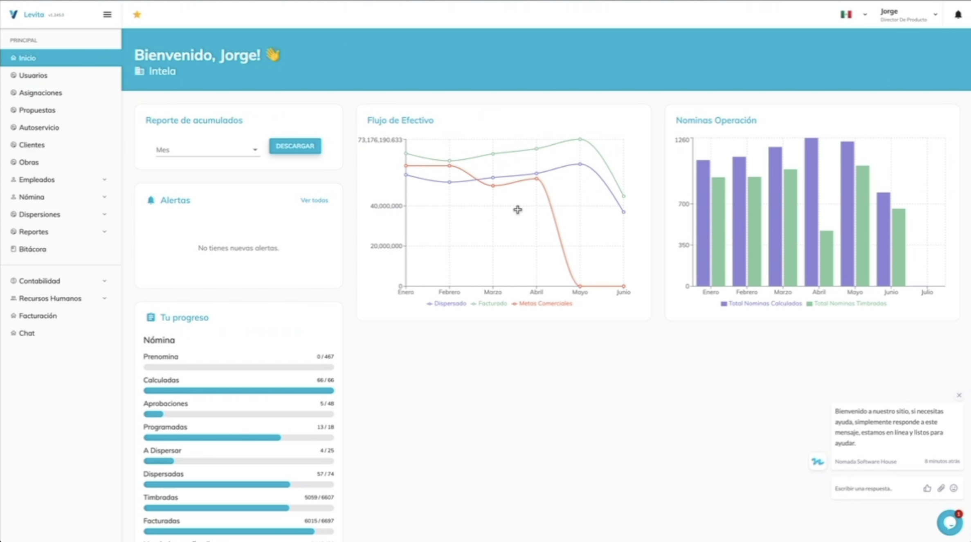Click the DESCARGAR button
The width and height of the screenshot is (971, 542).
coord(295,146)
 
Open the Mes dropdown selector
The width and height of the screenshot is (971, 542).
coord(207,150)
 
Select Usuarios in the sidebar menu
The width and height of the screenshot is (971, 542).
coord(33,75)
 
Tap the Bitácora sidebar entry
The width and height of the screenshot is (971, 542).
coord(32,249)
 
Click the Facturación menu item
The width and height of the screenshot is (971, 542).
coord(38,316)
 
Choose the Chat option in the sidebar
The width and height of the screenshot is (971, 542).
coord(27,333)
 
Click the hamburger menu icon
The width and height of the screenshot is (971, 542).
coord(107,15)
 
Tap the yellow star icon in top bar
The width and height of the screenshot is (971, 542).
coord(137,15)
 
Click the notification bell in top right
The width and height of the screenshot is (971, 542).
coord(958,15)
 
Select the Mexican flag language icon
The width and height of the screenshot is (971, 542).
coord(846,15)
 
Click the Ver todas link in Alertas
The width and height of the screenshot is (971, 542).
coord(314,200)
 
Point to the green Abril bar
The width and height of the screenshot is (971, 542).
coord(827,258)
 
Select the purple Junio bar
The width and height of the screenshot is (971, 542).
coord(883,239)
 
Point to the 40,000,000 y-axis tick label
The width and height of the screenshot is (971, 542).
coord(386,206)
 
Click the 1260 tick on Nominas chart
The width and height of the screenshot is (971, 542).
coord(682,140)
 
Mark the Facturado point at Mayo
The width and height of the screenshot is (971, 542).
coord(580,139)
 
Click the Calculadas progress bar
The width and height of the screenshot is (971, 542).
coord(238,391)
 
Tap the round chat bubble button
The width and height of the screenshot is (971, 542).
coord(949,522)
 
